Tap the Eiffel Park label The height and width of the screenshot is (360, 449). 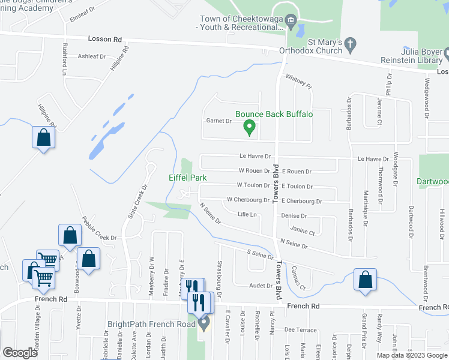coord(187,178)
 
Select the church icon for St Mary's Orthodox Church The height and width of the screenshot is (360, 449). coord(351,43)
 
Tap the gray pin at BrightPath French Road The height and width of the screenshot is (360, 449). coord(203,325)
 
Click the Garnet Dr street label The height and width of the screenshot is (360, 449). coord(219,121)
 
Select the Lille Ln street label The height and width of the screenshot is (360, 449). coord(247,214)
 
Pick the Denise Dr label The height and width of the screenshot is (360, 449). coord(294,216)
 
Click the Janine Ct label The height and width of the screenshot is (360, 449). coord(302,230)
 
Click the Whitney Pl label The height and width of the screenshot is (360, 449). coord(299,81)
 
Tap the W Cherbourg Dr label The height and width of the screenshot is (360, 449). coord(248,200)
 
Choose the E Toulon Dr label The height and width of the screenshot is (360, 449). coord(297,187)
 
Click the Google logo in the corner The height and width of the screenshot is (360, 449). coord(20,353)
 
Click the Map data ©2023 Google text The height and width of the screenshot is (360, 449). coord(412,355)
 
